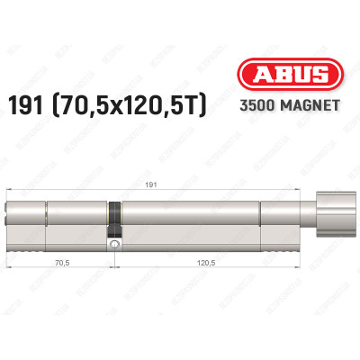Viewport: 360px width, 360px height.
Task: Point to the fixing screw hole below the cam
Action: [x=114, y=243]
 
